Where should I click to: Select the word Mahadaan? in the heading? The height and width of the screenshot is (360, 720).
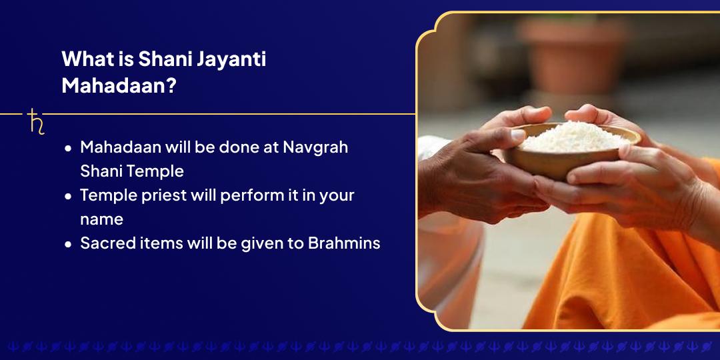pyautogui.click(x=119, y=86)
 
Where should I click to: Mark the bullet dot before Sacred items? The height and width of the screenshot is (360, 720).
pyautogui.click(x=68, y=245)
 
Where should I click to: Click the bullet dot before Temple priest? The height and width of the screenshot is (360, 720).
pyautogui.click(x=68, y=197)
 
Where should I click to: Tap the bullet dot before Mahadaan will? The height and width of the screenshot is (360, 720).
pyautogui.click(x=68, y=149)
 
